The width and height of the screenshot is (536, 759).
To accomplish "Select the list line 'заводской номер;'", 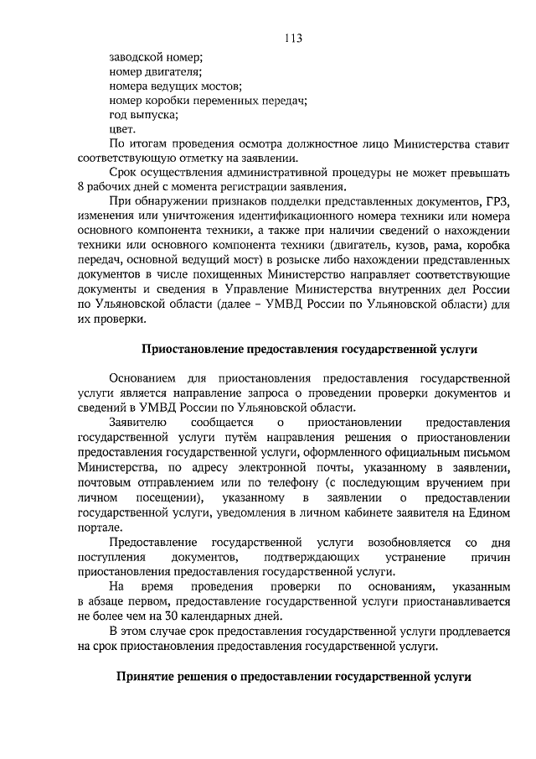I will pos(156,57).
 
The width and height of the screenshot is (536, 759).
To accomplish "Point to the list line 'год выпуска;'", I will pos(142,116).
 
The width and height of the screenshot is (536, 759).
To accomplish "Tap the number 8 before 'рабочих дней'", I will pos(80,187).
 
